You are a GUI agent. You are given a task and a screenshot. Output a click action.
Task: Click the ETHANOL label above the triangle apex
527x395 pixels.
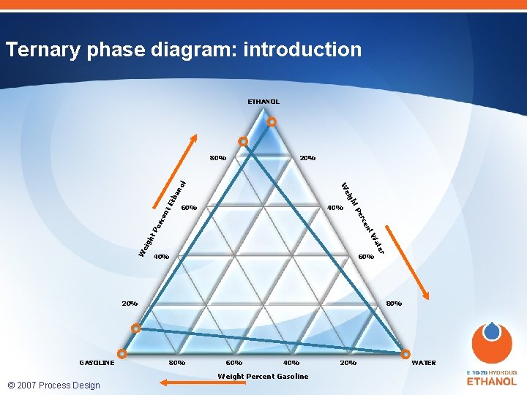263,102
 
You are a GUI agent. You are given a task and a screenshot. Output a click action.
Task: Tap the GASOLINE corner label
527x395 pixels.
97,363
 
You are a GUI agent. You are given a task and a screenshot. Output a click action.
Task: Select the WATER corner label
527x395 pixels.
424,363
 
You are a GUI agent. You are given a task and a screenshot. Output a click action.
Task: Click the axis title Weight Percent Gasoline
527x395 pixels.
263,377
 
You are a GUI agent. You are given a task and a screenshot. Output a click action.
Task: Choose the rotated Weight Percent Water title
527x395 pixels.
363,214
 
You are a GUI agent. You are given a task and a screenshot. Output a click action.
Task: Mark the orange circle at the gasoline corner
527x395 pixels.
122,353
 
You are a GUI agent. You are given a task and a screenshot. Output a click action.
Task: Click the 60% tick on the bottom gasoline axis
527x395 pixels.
233,363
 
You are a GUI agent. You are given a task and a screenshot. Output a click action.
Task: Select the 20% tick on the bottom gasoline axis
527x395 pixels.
348,363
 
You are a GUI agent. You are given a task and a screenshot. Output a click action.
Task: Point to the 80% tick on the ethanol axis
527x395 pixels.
217,157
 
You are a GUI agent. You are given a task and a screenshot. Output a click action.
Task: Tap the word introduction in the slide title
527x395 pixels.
302,50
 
